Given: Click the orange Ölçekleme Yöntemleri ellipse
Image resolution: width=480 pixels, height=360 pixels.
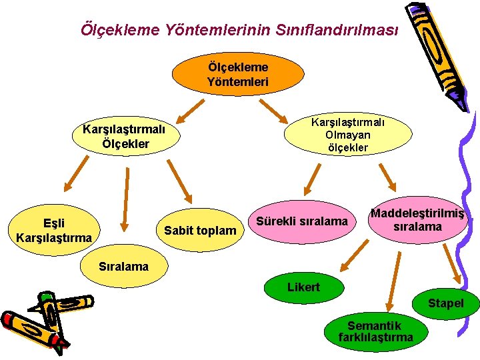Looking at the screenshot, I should point(237,75).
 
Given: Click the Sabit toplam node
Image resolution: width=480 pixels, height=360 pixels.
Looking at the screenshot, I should point(200,231).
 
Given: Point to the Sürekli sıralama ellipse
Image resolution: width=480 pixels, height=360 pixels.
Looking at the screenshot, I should point(302,221).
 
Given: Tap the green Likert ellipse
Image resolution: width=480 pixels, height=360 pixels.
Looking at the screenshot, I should point(303,287).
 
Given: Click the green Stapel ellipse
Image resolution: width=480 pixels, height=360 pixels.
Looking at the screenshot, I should point(445,303).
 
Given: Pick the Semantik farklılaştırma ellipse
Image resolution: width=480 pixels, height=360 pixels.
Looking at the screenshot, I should point(376,331).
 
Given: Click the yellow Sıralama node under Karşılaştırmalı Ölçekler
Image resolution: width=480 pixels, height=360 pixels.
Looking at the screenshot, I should point(123,267).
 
